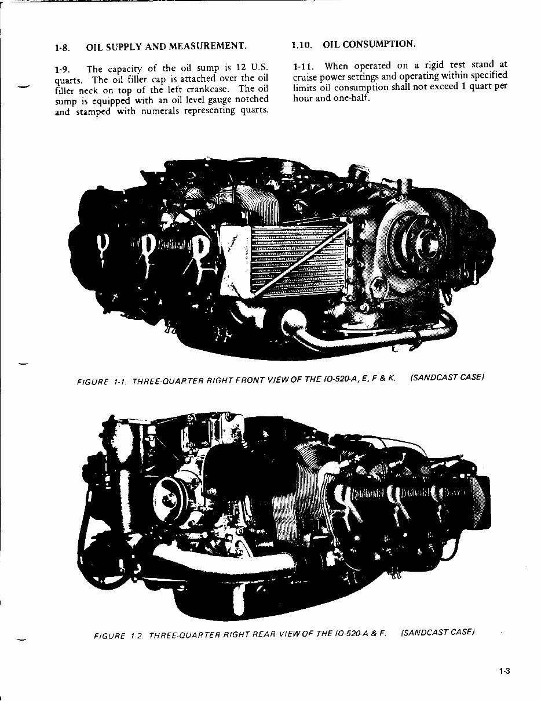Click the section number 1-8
click(63, 47)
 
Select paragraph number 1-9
click(63, 69)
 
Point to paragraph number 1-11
click(304, 66)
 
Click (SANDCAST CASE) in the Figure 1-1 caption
click(446, 377)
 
